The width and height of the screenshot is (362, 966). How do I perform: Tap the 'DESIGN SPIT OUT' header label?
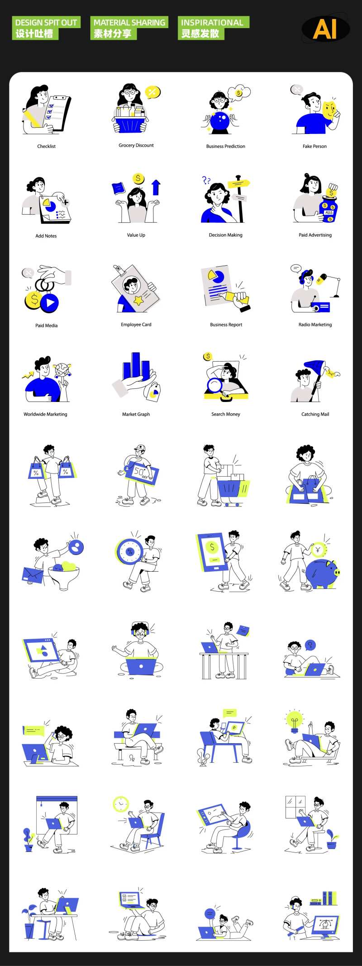pyautogui.click(x=46, y=23)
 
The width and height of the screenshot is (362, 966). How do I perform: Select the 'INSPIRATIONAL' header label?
pyautogui.click(x=212, y=23)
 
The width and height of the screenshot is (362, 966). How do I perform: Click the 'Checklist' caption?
pyautogui.click(x=47, y=146)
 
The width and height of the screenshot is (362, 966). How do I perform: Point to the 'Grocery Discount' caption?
pyautogui.click(x=136, y=145)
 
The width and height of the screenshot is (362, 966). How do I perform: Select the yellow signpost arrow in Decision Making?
pyautogui.click(x=238, y=184)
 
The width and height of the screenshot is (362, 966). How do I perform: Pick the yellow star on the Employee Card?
pyautogui.click(x=138, y=300)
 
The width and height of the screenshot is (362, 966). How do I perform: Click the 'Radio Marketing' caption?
pyautogui.click(x=315, y=325)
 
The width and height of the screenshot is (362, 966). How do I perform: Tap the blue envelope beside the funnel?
pyautogui.click(x=33, y=575)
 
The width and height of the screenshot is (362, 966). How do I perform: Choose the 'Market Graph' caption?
pyautogui.click(x=136, y=414)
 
